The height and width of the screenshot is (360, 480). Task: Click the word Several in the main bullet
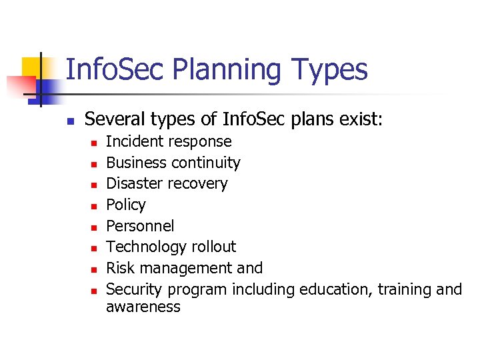click(114, 119)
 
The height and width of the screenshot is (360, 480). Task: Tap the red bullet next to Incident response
click(93, 143)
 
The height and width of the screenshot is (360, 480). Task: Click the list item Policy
click(126, 205)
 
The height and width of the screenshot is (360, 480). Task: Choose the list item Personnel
click(140, 225)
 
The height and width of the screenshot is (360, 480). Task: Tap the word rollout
click(214, 247)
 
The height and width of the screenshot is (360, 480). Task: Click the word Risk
click(120, 268)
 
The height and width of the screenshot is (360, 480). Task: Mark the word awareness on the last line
click(143, 307)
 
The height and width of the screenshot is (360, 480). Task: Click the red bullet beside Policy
click(93, 206)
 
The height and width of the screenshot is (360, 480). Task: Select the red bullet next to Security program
click(93, 291)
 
